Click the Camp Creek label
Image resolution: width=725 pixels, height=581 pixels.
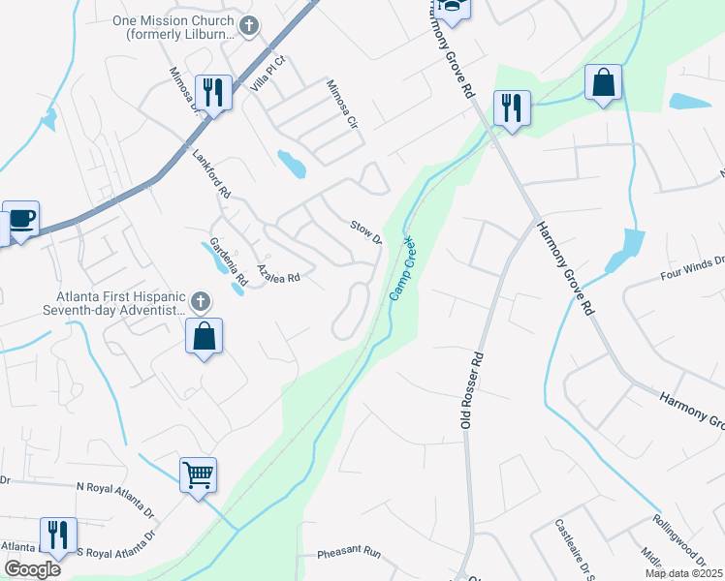402,268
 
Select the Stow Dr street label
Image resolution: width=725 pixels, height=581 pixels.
365,232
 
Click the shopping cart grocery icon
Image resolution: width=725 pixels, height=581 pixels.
198,475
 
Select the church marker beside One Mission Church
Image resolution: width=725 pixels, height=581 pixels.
250,25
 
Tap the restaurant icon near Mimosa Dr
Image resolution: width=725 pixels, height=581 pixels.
213,93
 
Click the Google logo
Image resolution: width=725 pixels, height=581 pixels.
32,569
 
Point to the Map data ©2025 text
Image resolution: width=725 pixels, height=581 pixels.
682,573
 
